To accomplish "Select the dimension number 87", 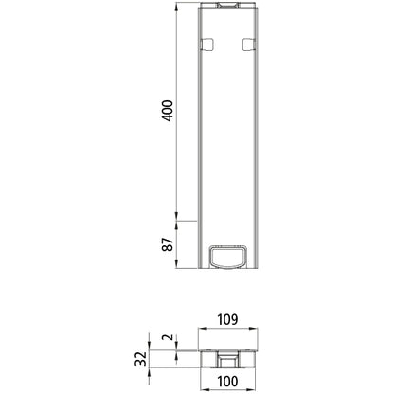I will coord(167,245).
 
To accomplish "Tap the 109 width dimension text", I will coord(226,319).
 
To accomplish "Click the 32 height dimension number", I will coord(140,358).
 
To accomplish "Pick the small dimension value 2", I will coord(166,338).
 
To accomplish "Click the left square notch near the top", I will coord(204,44).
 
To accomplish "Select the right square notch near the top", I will coord(249,44).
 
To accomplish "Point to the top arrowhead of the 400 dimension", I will coord(177,6).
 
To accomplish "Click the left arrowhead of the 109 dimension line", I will coord(200,330).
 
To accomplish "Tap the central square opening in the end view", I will coord(227,358).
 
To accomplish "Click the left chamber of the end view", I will coord(210,358).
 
